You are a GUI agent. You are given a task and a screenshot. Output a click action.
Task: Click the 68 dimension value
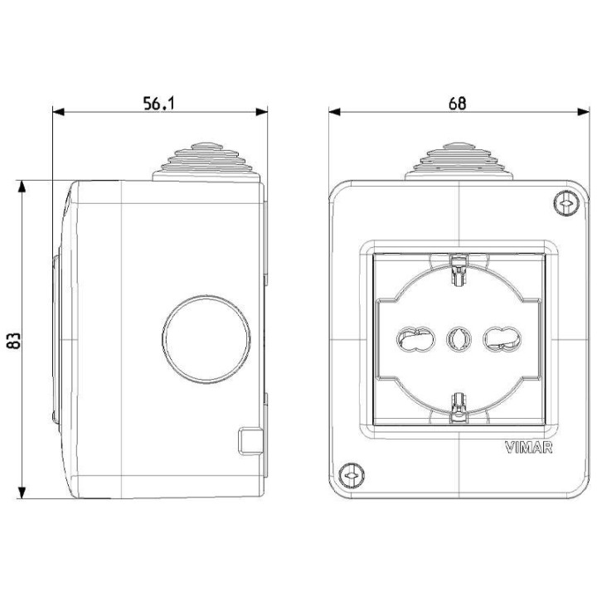pyautogui.click(x=457, y=102)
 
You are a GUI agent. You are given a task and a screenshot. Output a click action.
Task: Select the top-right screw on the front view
pyautogui.click(x=565, y=202)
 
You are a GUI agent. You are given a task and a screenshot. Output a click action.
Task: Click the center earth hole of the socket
pyautogui.click(x=458, y=337)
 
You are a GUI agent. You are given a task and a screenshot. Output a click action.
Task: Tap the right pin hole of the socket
pyautogui.click(x=501, y=337)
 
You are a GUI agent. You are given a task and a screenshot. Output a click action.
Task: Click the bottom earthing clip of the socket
pyautogui.click(x=458, y=406)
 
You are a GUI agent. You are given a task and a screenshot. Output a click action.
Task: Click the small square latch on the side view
pyautogui.click(x=250, y=440)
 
